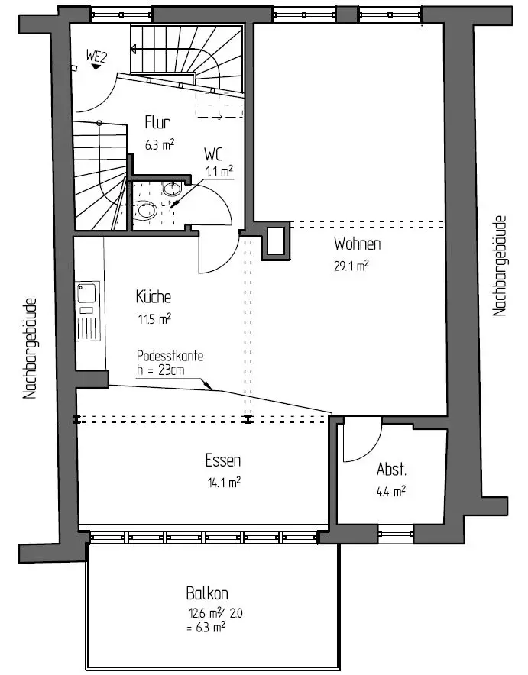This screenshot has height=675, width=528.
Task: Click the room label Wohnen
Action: (x=357, y=244)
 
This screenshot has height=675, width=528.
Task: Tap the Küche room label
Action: (x=153, y=297)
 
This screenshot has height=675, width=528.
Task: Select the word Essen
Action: (x=223, y=460)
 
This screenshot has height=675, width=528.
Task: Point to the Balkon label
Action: (x=207, y=593)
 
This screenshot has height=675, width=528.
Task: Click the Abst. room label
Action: (x=391, y=469)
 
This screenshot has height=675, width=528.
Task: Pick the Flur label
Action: (x=157, y=122)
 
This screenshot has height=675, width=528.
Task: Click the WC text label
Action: (x=214, y=153)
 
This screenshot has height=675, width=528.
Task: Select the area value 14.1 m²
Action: (x=224, y=482)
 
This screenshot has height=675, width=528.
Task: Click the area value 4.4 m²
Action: (x=390, y=491)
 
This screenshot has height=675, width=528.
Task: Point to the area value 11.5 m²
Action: (x=154, y=318)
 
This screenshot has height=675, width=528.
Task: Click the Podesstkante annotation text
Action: (x=170, y=357)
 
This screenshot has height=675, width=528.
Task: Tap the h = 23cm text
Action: (x=161, y=370)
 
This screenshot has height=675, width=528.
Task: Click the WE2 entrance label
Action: (x=96, y=55)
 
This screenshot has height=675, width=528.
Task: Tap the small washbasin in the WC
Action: (x=171, y=189)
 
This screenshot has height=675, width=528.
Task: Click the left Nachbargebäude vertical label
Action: (x=31, y=348)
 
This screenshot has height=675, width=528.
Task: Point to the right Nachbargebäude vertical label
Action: (x=500, y=266)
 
